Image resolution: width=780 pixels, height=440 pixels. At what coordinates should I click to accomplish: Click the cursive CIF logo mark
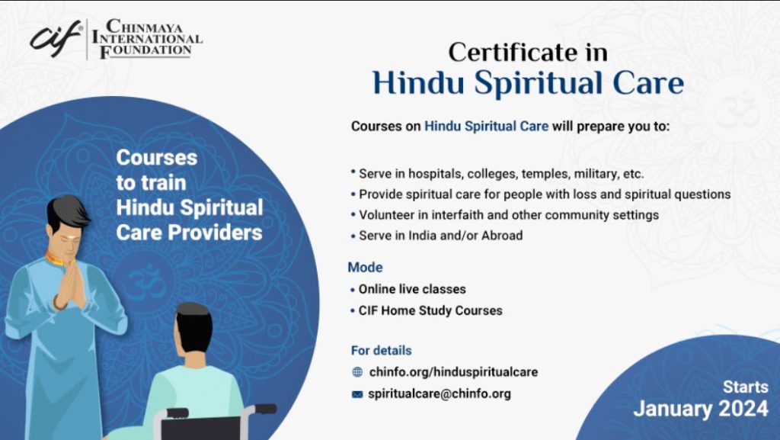coord(55,36)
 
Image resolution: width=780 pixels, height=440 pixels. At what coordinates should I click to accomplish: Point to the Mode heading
coord(365,268)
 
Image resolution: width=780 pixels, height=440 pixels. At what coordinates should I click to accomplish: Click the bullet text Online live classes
coord(412,290)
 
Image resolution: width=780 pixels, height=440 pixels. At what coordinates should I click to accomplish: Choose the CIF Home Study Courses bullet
coord(430,311)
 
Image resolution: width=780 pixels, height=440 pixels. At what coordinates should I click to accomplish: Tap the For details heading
coord(381,351)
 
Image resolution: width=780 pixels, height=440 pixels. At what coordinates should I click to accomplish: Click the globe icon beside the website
coord(357,373)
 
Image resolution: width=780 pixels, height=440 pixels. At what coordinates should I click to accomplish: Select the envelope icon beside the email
coord(357,395)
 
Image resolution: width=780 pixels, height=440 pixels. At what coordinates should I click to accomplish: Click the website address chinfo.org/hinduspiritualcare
coord(452,372)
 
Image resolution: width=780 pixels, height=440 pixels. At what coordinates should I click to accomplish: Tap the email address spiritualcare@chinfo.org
coord(439,394)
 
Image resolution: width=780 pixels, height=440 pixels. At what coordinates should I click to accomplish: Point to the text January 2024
coord(700,409)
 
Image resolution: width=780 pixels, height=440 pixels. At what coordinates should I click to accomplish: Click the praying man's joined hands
coord(70,286)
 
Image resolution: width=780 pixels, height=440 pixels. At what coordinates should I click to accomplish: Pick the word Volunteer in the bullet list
coord(389,215)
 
